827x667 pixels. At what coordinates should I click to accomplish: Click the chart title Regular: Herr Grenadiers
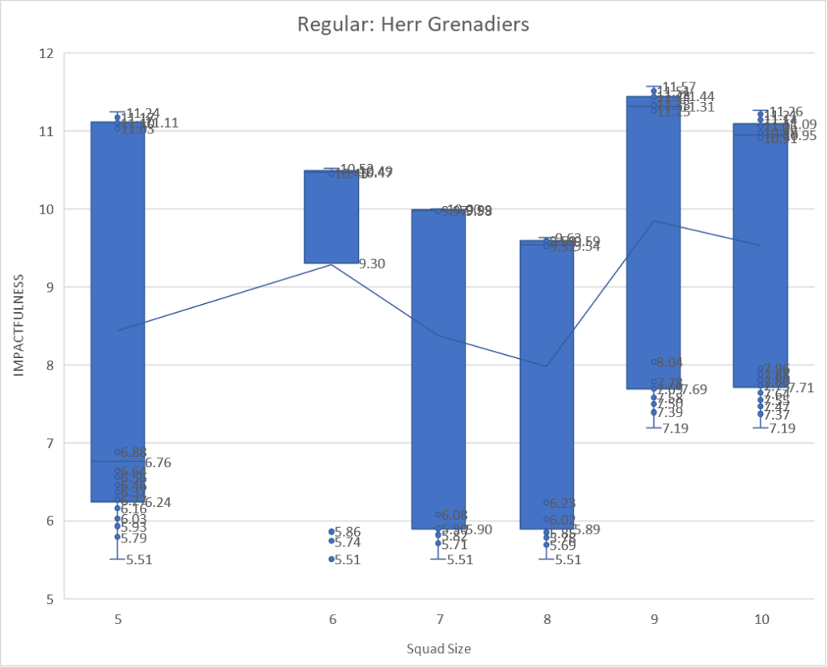pyautogui.click(x=413, y=24)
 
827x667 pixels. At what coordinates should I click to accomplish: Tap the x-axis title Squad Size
pyautogui.click(x=438, y=648)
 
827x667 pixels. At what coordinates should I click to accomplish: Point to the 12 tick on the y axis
pyautogui.click(x=45, y=53)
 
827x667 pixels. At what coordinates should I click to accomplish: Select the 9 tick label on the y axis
pyautogui.click(x=49, y=287)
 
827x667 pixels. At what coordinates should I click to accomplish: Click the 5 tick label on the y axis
pyautogui.click(x=49, y=599)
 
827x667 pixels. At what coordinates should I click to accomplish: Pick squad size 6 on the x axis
pyautogui.click(x=332, y=620)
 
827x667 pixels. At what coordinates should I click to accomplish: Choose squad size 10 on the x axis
pyautogui.click(x=762, y=620)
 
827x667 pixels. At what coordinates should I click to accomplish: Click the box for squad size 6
pyautogui.click(x=331, y=217)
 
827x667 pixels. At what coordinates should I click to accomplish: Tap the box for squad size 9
pyautogui.click(x=653, y=243)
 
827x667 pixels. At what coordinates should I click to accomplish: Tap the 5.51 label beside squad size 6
pyautogui.click(x=348, y=559)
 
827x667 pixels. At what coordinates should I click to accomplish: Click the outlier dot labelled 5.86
pyautogui.click(x=331, y=531)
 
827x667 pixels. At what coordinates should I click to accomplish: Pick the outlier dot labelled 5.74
pyautogui.click(x=331, y=541)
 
